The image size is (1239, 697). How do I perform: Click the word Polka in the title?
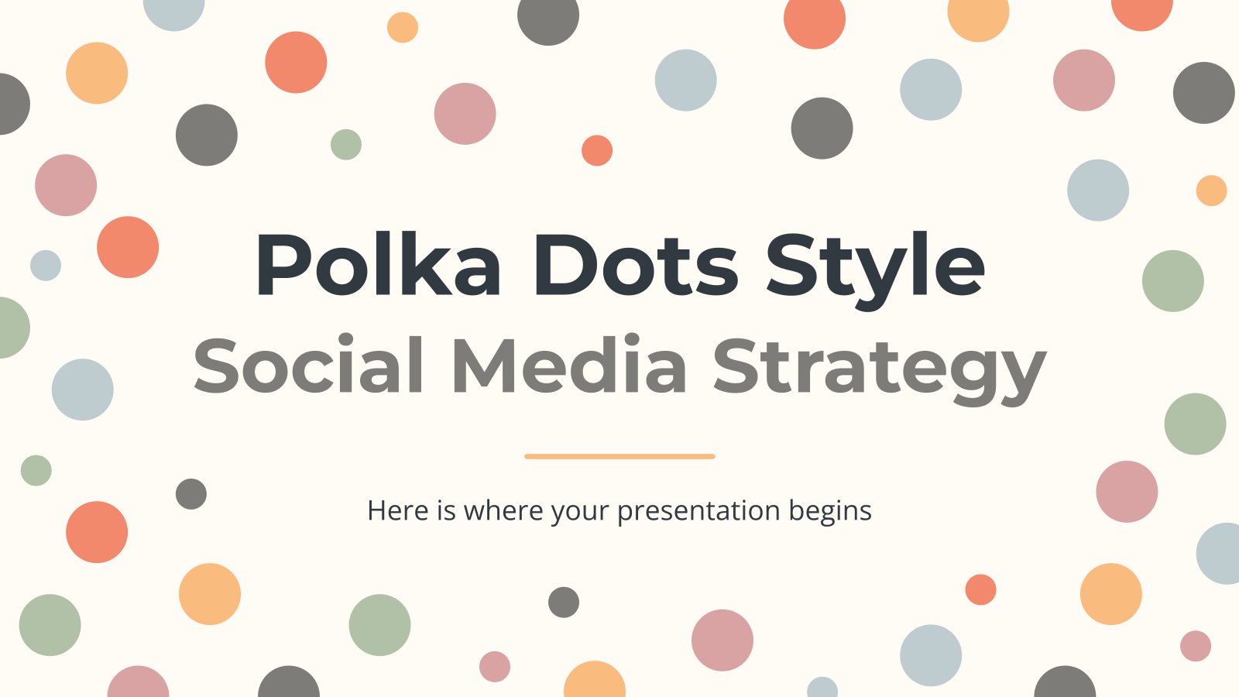click(x=378, y=265)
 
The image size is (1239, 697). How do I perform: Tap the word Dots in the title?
click(x=635, y=265)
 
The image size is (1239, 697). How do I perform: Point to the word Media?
click(x=568, y=366)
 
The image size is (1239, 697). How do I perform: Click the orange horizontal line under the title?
click(x=619, y=456)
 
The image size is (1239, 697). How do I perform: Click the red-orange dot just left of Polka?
click(x=128, y=247)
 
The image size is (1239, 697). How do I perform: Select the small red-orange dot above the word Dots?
click(x=597, y=150)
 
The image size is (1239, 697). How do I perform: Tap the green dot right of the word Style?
click(x=1172, y=281)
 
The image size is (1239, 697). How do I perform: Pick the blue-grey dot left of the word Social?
click(x=83, y=390)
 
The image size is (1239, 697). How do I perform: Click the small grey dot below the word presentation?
click(x=564, y=602)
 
